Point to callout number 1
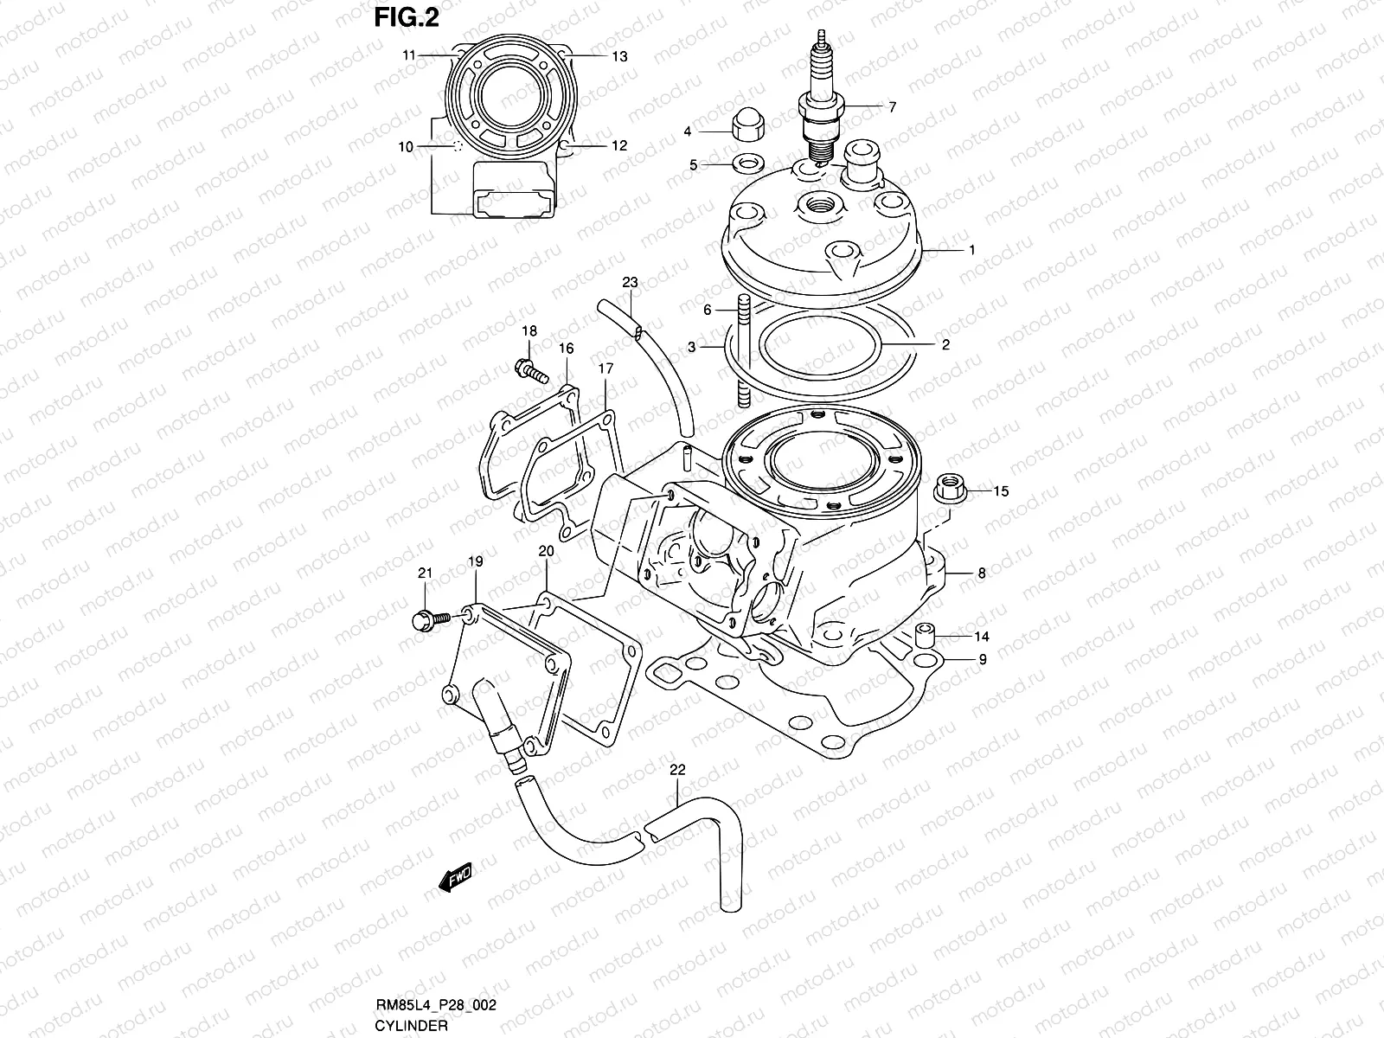[x=971, y=250]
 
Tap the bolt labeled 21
[x=427, y=618]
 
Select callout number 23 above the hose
[x=630, y=282]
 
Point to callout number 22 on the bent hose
[x=677, y=769]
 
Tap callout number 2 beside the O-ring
[x=945, y=344]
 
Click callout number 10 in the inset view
[x=407, y=147]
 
